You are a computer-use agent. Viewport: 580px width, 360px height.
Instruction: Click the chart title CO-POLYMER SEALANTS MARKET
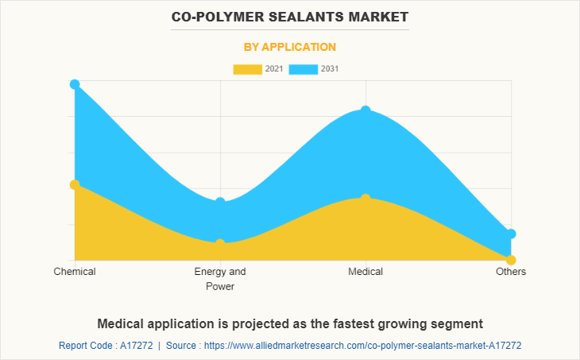(289, 16)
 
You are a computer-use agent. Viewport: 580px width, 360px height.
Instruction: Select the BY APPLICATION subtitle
(289, 47)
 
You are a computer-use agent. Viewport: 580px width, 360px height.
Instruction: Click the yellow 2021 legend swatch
(247, 69)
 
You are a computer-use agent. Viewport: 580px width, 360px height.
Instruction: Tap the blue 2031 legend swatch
(303, 69)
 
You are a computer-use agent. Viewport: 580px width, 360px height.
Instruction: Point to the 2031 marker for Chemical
(75, 84)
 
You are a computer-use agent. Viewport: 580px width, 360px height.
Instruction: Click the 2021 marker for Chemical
(75, 184)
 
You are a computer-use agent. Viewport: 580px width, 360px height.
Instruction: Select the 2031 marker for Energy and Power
(220, 203)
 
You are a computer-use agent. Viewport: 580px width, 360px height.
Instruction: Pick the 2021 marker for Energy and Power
(220, 243)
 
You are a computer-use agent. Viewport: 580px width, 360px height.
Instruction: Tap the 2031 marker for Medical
(365, 110)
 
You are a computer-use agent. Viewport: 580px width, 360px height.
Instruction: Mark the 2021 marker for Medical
(365, 198)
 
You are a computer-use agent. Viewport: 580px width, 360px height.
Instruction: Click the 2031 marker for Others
(511, 234)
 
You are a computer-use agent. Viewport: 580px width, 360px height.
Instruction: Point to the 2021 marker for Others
(511, 260)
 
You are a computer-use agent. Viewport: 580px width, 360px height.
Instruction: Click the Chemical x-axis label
(75, 272)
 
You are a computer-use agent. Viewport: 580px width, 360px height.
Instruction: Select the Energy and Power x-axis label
(220, 279)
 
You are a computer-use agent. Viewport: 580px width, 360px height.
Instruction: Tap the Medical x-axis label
(365, 272)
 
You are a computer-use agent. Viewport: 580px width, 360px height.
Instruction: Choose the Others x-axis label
(511, 272)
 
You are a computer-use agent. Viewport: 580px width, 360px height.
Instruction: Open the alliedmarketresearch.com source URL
(362, 346)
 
